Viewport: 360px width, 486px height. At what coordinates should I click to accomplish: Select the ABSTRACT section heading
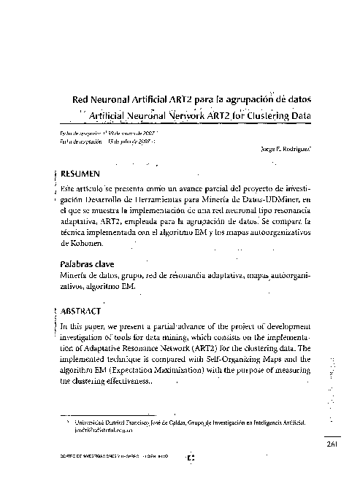pyautogui.click(x=82, y=310)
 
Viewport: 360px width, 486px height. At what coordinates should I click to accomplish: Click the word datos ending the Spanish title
pyautogui.click(x=296, y=101)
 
